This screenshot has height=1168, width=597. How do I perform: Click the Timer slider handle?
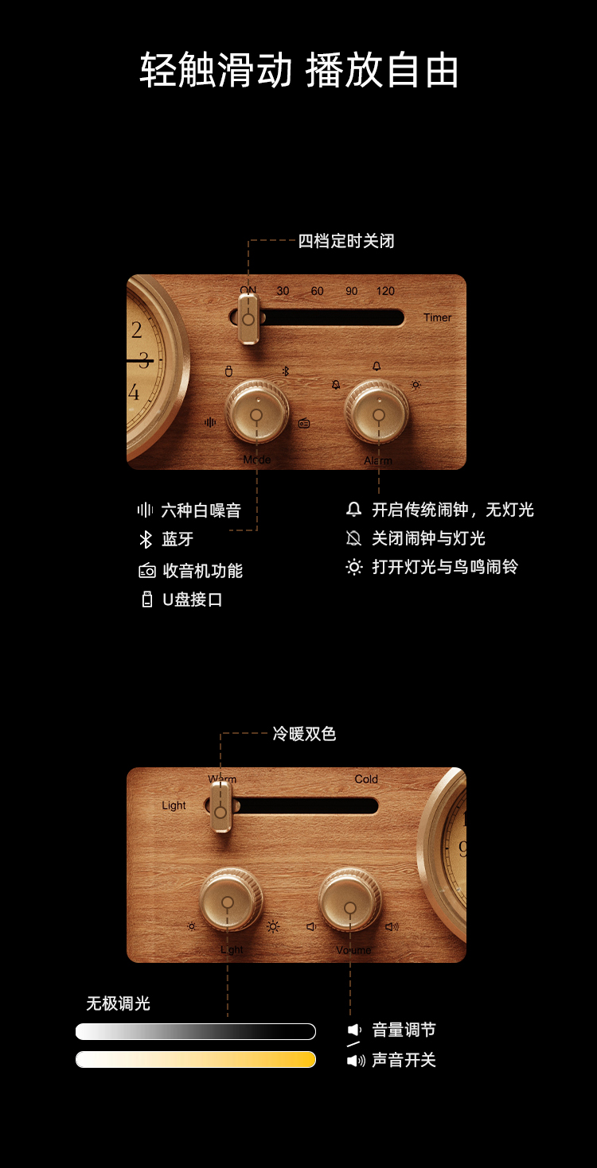click(x=248, y=319)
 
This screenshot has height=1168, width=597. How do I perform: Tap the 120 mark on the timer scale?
click(x=385, y=291)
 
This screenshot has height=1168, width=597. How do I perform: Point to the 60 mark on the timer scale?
click(x=318, y=291)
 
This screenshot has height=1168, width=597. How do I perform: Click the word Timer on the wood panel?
click(x=437, y=317)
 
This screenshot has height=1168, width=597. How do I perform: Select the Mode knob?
click(x=256, y=413)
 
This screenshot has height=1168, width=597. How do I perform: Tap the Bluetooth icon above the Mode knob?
click(x=286, y=371)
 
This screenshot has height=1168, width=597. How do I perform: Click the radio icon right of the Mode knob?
click(x=304, y=424)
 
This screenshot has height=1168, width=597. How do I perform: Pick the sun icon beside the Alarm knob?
click(x=416, y=385)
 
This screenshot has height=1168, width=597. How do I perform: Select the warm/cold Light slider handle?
click(x=220, y=807)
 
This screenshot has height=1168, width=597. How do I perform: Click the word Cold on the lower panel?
click(x=366, y=779)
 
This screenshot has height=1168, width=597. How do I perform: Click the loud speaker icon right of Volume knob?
click(x=392, y=926)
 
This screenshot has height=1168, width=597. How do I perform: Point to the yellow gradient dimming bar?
click(x=196, y=1059)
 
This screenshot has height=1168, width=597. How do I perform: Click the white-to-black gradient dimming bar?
click(x=196, y=1031)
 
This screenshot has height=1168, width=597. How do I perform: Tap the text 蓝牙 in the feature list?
click(x=178, y=539)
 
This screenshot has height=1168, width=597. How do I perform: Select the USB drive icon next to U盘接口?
click(x=147, y=600)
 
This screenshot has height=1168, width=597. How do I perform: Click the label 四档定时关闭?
click(x=346, y=241)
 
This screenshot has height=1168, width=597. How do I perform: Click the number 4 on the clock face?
click(x=134, y=392)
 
